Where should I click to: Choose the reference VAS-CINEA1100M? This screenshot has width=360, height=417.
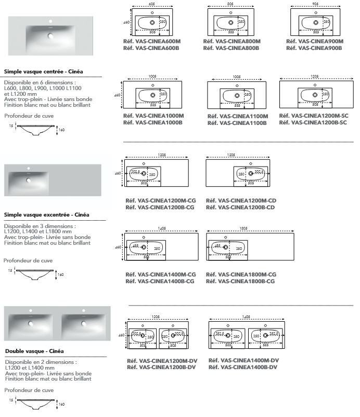(238, 116)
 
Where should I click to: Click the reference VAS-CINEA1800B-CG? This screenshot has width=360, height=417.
(241, 281)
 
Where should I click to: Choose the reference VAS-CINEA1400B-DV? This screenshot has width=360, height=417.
(243, 367)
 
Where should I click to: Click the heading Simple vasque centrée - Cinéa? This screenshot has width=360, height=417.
(44, 71)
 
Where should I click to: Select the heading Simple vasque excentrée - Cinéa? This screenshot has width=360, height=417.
(46, 214)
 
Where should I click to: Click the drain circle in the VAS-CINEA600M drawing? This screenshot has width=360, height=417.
(152, 23)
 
